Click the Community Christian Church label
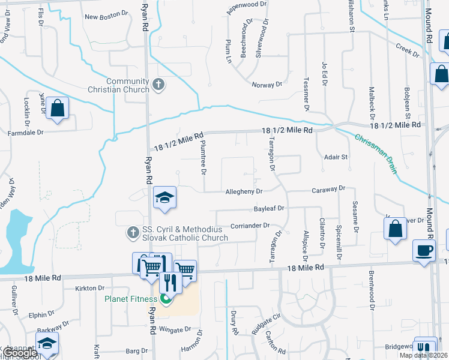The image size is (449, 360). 127,86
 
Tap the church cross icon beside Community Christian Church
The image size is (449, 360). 158,85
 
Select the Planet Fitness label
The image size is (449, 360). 131,299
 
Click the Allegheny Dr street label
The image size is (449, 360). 244,191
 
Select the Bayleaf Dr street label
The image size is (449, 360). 268,208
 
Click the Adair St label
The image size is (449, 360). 336,157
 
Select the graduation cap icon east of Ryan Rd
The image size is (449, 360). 163,197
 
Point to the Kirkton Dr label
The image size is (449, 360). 90,289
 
